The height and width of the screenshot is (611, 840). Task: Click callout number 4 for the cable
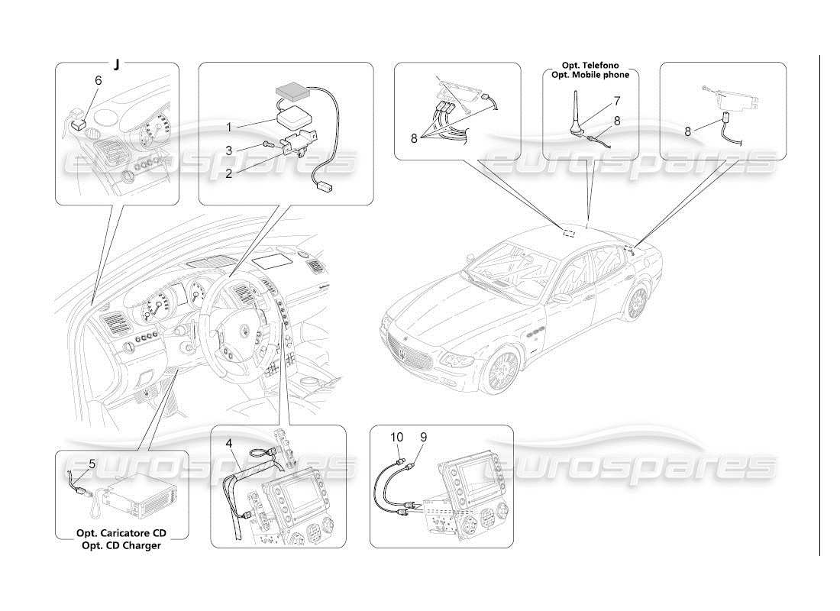pos(228,443)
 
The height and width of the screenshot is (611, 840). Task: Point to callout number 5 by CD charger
pos(92,464)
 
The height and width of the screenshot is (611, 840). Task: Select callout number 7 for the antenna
pos(617,101)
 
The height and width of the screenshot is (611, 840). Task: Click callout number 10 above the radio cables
pos(397,437)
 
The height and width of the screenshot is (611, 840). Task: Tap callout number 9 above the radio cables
pos(423,437)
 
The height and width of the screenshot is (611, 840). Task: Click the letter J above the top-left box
pos(117,64)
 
